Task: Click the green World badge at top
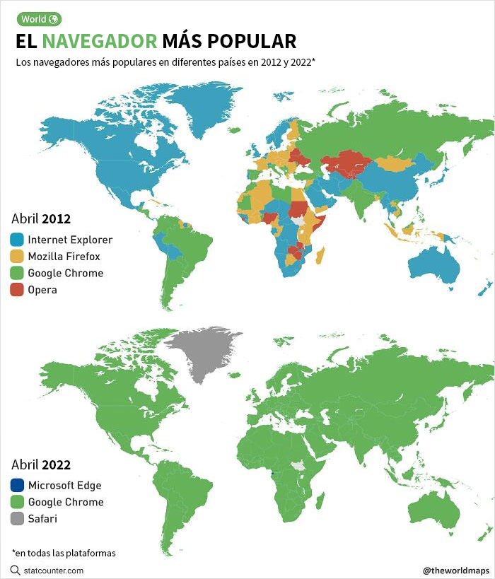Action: tap(39, 19)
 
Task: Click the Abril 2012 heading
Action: tap(41, 218)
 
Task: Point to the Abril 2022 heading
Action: tap(41, 464)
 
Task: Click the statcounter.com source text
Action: tap(54, 570)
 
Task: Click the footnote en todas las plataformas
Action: tap(64, 552)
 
